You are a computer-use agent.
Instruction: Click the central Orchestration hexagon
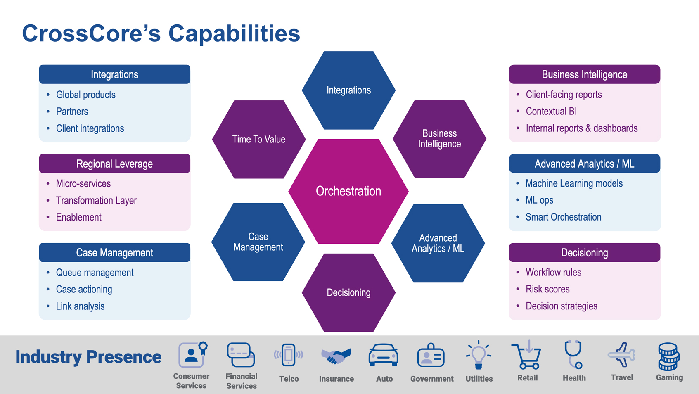[348, 191]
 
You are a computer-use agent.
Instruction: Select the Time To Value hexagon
[259, 140]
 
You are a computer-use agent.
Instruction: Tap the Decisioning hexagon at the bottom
[348, 292]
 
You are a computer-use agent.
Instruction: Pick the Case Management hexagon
[258, 242]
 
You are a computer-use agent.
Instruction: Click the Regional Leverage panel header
[114, 164]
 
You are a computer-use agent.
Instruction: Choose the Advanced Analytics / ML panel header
[584, 164]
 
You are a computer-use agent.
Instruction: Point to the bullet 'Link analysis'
[80, 306]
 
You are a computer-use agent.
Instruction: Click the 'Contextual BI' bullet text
[551, 112]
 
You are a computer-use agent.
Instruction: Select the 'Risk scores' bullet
[547, 289]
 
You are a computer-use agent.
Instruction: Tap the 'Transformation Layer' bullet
[96, 201]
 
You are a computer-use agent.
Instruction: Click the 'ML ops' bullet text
[539, 200]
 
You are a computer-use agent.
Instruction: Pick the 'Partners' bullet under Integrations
[72, 112]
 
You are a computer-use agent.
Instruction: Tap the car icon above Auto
[383, 355]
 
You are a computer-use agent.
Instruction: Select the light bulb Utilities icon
[479, 355]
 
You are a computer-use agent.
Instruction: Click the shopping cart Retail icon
[527, 355]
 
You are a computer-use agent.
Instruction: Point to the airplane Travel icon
[621, 355]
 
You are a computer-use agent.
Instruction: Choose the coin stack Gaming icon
[668, 356]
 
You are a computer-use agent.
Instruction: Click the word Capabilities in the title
[234, 33]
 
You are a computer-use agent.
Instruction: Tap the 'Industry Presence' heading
[88, 357]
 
